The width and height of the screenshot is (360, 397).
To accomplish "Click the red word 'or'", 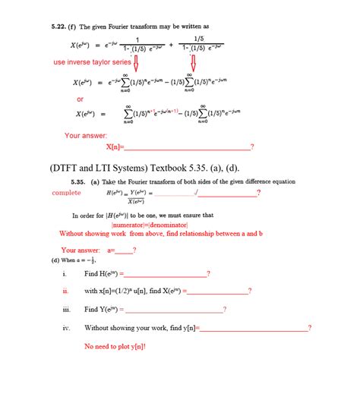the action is [x=80, y=99].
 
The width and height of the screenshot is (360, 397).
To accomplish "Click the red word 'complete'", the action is [x=66, y=193].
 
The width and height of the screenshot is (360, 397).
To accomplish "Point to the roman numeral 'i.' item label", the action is [x=65, y=273].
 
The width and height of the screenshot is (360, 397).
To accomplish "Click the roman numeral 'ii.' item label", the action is [x=66, y=291].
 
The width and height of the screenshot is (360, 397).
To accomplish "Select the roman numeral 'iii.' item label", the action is [x=66, y=309].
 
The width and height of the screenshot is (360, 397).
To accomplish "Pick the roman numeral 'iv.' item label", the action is [x=66, y=328].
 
